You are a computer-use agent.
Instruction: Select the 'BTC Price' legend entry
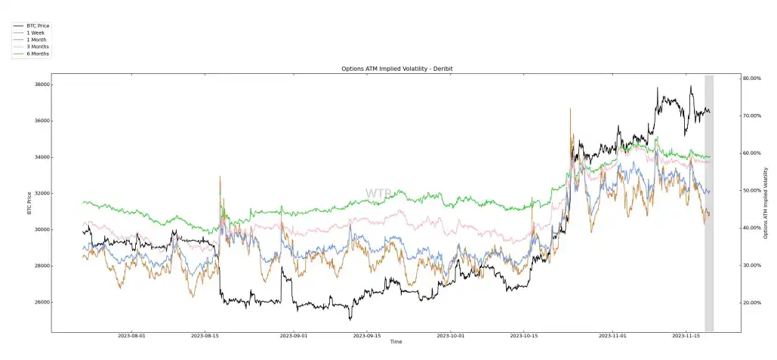pyautogui.click(x=38, y=26)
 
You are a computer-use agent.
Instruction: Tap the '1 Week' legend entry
pyautogui.click(x=35, y=32)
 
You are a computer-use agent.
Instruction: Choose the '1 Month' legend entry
pyautogui.click(x=36, y=40)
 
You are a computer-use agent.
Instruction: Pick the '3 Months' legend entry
pyautogui.click(x=38, y=47)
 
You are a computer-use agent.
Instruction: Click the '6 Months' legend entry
pyautogui.click(x=38, y=54)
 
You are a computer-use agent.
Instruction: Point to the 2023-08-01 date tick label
pyautogui.click(x=133, y=337)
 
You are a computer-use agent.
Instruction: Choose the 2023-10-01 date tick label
pyautogui.click(x=455, y=337)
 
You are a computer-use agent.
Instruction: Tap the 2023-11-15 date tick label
pyautogui.click(x=688, y=337)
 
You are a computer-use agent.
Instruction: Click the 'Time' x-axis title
pyautogui.click(x=396, y=343)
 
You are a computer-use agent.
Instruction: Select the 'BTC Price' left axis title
pyautogui.click(x=29, y=202)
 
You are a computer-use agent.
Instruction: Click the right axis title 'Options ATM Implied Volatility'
pyautogui.click(x=767, y=202)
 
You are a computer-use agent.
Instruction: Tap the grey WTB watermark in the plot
pyautogui.click(x=378, y=194)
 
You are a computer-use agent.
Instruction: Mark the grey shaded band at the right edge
pyautogui.click(x=709, y=203)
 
